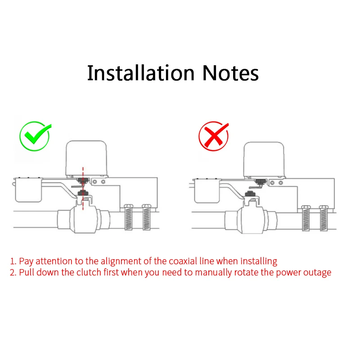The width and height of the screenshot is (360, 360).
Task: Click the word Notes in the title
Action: pos(230,73)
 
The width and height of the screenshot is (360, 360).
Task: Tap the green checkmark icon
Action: pos(35,136)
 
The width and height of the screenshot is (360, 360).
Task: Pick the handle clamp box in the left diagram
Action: pos(27,189)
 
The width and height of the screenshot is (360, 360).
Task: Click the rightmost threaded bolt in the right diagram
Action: pos(324,218)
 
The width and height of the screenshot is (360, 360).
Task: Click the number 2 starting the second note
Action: pos(13,273)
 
